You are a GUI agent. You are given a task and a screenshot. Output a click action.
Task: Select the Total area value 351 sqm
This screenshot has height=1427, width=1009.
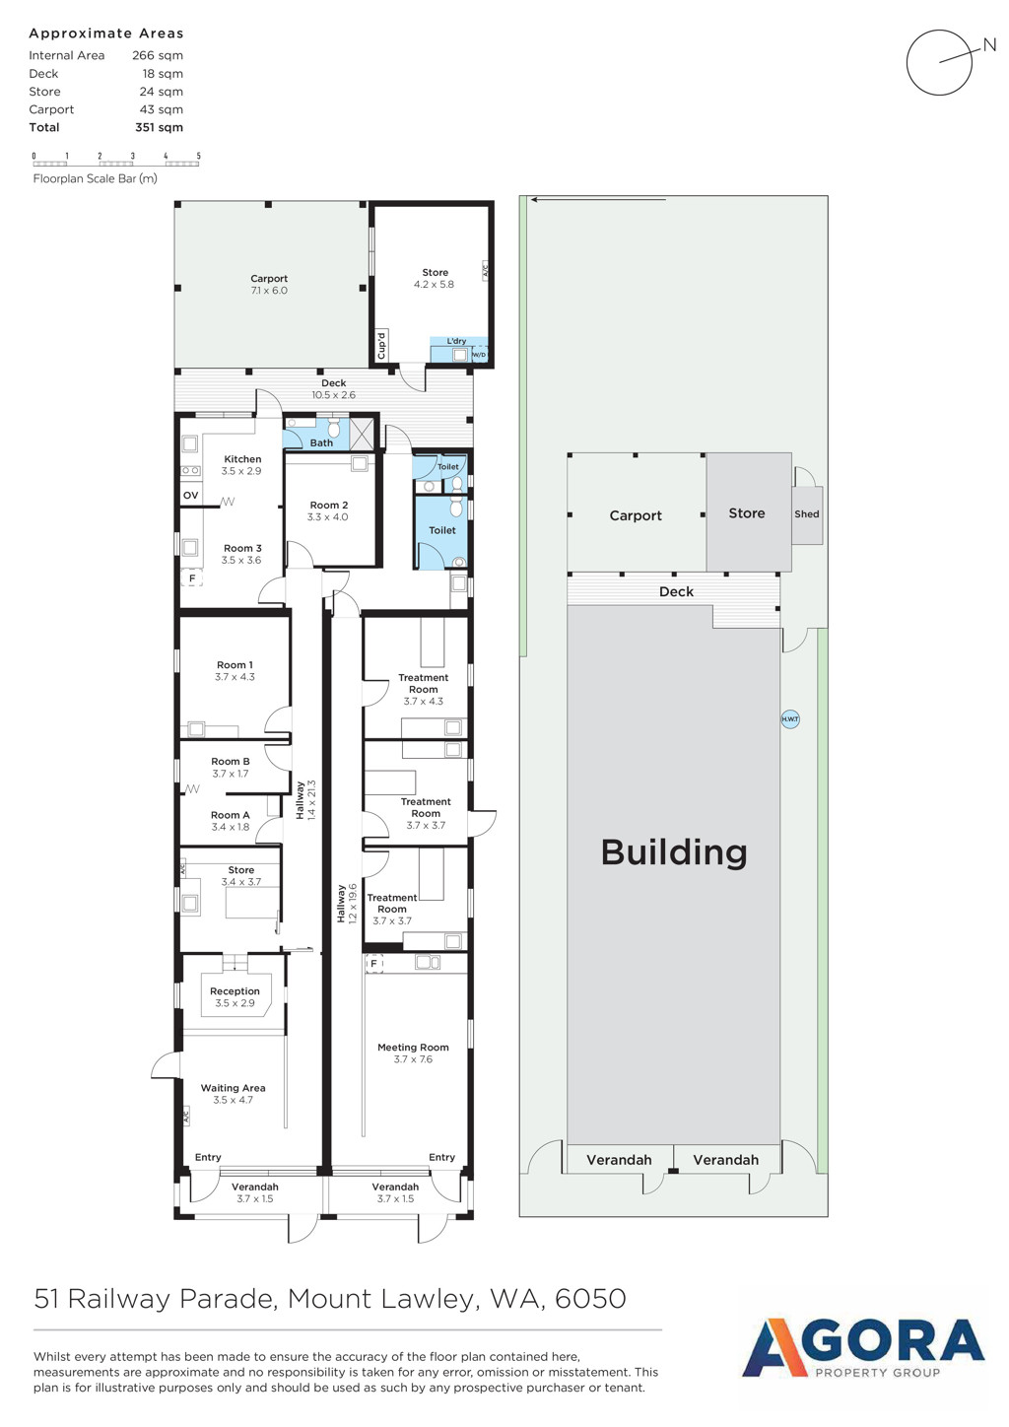click(x=159, y=127)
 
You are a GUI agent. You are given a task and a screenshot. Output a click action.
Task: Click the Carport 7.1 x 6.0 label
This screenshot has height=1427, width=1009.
click(x=269, y=284)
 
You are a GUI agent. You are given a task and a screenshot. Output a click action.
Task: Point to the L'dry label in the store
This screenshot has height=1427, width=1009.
click(x=456, y=341)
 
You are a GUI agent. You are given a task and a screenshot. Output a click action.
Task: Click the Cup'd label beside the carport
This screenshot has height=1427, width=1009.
click(x=381, y=346)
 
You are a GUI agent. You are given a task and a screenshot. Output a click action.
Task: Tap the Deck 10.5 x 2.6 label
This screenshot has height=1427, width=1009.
click(x=333, y=388)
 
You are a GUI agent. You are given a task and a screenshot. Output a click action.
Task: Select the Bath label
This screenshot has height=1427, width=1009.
click(x=321, y=442)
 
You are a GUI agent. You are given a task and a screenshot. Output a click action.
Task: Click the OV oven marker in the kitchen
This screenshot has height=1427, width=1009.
click(x=190, y=495)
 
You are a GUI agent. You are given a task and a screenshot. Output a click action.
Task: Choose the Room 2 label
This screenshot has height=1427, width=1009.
click(x=329, y=506)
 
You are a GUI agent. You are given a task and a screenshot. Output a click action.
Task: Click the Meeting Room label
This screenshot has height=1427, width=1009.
click(x=413, y=1048)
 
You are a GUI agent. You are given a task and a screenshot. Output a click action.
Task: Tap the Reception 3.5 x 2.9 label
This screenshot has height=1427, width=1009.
click(x=235, y=997)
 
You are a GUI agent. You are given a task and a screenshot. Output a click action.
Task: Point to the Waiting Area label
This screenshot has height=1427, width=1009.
click(x=233, y=1088)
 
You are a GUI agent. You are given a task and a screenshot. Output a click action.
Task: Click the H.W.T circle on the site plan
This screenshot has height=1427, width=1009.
click(x=790, y=719)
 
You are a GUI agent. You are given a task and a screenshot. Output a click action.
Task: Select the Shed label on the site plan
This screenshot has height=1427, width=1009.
click(x=806, y=514)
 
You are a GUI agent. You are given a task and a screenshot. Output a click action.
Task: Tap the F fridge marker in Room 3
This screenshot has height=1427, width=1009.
click(x=192, y=578)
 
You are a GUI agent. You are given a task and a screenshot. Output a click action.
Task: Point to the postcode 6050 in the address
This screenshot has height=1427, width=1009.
click(x=590, y=1298)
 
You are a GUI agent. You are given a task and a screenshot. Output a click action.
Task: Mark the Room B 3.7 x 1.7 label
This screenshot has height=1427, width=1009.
click(x=230, y=768)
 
